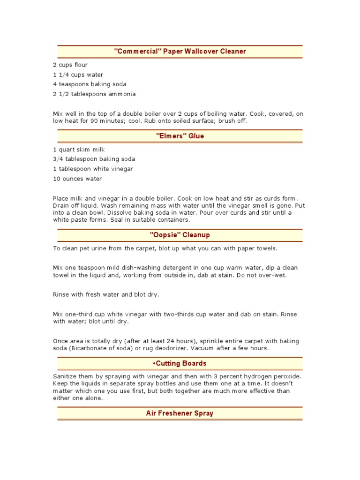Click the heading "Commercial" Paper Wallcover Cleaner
coord(180,51)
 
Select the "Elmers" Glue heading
coord(180,136)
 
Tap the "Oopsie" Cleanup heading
coord(180,235)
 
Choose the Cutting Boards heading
coord(180,363)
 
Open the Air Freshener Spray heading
coord(180,413)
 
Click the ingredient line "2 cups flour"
coord(70,65)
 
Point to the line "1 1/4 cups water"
coord(78,75)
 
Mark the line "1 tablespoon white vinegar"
coord(93,169)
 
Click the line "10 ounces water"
coord(77,179)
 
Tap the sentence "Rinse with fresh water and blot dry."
coord(106,294)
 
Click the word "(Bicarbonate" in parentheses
coord(88,348)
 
